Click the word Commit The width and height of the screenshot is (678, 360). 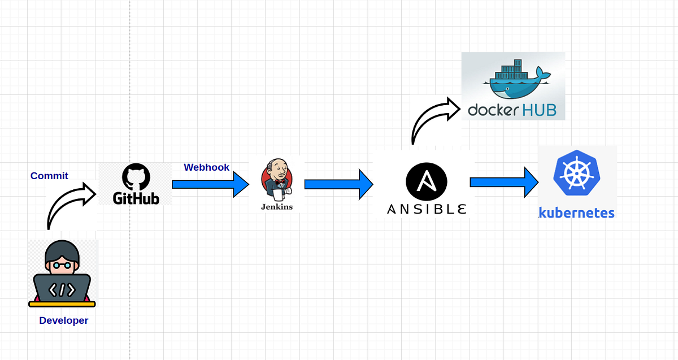point(49,176)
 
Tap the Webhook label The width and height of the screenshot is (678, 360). point(207,167)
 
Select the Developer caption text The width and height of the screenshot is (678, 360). point(63,320)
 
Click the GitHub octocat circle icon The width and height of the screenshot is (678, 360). point(136,177)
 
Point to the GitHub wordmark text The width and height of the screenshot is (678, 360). point(136,198)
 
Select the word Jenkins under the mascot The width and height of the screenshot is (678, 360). point(277,207)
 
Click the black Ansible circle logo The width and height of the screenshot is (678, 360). point(427,182)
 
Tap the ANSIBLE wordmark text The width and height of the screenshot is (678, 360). point(427,209)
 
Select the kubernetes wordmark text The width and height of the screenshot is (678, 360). point(576,213)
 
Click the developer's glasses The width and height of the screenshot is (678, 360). point(62,264)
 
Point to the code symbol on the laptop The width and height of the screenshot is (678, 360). point(62,290)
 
